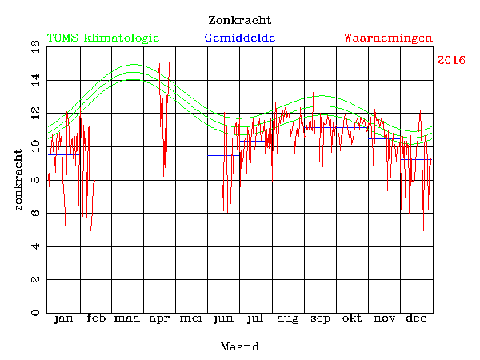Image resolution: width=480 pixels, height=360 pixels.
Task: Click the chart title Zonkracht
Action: [239, 20]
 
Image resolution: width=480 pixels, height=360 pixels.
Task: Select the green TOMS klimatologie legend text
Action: [103, 38]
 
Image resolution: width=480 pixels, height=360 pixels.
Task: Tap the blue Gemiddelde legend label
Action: [240, 38]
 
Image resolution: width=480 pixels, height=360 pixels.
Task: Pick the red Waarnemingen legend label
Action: [388, 38]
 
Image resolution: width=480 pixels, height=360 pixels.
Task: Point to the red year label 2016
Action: [452, 61]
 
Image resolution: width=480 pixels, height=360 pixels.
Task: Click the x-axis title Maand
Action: [239, 347]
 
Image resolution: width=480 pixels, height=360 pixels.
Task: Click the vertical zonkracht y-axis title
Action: [18, 179]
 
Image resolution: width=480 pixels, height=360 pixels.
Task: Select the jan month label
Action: [63, 319]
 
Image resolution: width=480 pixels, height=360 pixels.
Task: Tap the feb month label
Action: [95, 319]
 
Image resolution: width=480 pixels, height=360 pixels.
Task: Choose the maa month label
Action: [127, 319]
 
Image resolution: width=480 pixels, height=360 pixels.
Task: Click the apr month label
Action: [159, 319]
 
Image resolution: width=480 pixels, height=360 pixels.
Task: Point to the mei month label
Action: [191, 319]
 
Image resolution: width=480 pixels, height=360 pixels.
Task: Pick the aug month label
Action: [288, 319]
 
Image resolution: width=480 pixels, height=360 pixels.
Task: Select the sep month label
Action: [320, 319]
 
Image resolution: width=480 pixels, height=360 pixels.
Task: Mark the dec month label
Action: [416, 319]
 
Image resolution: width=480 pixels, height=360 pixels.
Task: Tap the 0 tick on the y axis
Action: [14, 313]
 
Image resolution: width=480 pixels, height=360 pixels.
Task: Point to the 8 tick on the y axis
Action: [14, 180]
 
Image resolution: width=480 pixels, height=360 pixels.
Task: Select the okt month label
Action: [352, 319]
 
